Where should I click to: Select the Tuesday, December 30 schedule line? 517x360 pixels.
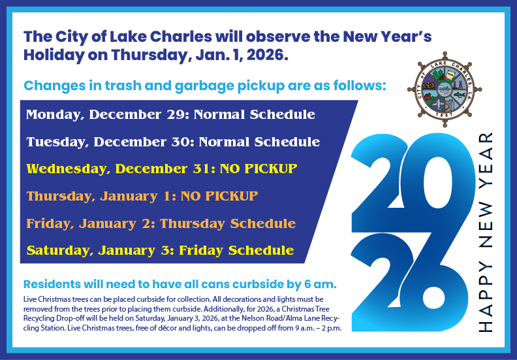coord(173,142)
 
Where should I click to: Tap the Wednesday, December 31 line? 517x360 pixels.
coord(162,169)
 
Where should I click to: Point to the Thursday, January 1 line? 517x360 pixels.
coord(142,195)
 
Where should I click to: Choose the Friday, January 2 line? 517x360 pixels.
coord(161,223)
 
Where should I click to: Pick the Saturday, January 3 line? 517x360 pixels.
coord(160,250)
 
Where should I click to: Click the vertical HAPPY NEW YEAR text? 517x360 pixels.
coord(484,232)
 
